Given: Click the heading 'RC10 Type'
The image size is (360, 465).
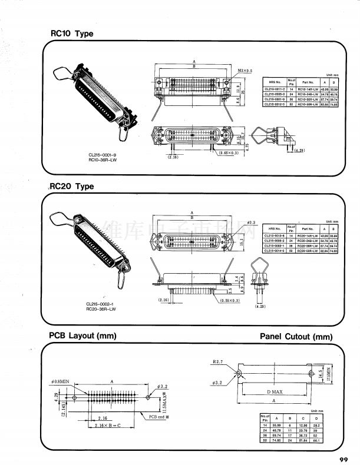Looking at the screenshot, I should click(72, 34).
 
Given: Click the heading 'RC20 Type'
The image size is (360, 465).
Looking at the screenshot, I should click(72, 187).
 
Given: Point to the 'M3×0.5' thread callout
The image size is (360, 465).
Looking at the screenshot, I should click(245, 70).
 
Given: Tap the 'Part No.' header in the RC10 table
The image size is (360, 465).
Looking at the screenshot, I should click(308, 82).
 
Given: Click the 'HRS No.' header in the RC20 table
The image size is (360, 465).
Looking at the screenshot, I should click(275, 229).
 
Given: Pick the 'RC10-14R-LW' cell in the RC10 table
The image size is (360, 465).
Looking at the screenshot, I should click(308, 88).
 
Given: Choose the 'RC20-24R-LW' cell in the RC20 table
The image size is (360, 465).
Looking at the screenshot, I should click(308, 241).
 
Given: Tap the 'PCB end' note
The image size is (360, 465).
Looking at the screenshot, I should click(158, 417).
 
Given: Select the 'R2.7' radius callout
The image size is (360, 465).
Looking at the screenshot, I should click(219, 361).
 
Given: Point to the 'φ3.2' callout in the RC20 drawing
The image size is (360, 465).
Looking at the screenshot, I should click(250, 222).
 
